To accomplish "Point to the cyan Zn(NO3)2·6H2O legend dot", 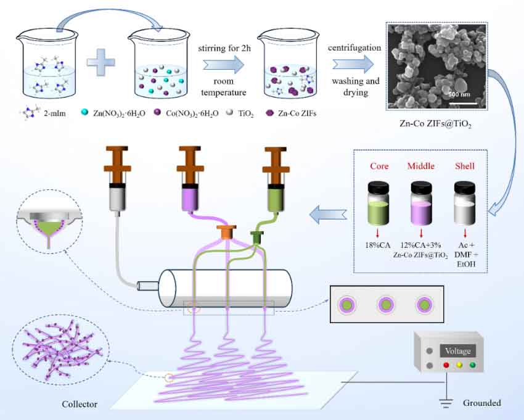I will coord(85,113).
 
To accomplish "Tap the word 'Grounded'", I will coord(481,403).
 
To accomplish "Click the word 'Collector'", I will coord(79,405).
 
